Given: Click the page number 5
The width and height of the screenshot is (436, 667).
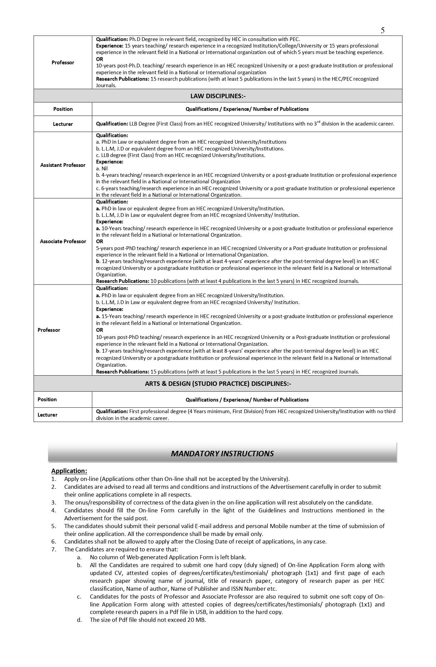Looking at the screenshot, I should click(x=383, y=30).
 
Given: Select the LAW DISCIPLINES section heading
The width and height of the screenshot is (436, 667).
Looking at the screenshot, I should click(x=218, y=96).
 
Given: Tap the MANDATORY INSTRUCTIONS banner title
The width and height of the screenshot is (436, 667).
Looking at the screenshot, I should click(x=222, y=454).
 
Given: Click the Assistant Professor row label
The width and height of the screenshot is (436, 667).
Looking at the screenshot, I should click(x=63, y=165).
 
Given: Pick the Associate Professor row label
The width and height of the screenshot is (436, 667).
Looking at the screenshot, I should click(x=63, y=241).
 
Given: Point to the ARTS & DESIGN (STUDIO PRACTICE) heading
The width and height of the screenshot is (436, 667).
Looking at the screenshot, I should click(x=218, y=383).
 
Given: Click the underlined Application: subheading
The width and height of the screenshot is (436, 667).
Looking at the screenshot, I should click(x=69, y=471).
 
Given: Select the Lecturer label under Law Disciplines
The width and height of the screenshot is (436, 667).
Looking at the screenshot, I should click(x=63, y=124).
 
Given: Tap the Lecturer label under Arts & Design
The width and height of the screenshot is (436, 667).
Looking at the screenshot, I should click(x=48, y=415).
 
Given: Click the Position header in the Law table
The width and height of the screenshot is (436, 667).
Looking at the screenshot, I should click(x=63, y=109).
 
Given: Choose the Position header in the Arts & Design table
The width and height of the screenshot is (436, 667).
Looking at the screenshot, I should click(x=47, y=400).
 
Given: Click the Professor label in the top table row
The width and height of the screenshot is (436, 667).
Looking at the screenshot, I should click(x=63, y=63).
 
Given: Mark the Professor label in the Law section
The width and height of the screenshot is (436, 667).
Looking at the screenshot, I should click(x=49, y=330).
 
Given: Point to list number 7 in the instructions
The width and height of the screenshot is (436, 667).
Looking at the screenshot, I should click(x=54, y=550).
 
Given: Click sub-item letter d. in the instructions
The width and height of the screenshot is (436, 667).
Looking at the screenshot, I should click(x=79, y=620).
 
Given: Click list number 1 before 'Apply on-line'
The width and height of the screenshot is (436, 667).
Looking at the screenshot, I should click(x=54, y=479).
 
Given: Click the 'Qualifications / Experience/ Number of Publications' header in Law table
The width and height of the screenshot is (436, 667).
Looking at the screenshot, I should click(x=247, y=109).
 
